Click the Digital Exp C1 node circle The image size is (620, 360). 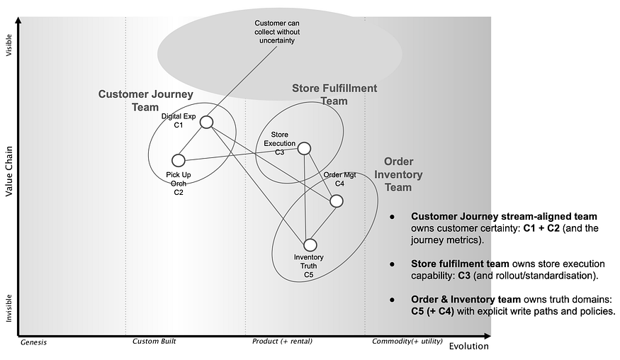click(x=206, y=122)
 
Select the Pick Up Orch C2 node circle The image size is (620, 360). click(x=179, y=160)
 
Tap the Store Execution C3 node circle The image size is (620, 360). click(x=304, y=148)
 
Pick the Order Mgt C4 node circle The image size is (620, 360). click(x=337, y=201)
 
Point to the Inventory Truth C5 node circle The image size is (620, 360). click(x=310, y=245)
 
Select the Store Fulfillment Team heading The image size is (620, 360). click(x=334, y=94)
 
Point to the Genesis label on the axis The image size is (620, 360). click(x=33, y=342)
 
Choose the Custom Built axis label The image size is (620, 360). click(x=154, y=342)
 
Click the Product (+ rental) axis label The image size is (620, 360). click(x=282, y=342)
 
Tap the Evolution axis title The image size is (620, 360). click(x=469, y=347)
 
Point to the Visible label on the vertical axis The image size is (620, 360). click(x=9, y=44)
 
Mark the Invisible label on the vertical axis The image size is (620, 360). click(x=9, y=308)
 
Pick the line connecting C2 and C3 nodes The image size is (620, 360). click(x=241, y=154)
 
